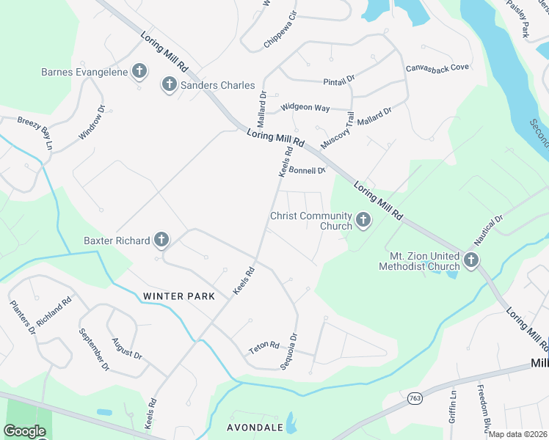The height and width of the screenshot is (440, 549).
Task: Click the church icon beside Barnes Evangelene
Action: (x=139, y=72)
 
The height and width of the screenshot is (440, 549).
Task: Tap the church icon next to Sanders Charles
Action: (x=169, y=85)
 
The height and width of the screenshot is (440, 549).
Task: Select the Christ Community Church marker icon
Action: (x=363, y=220)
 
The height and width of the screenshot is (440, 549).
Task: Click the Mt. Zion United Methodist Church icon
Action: (x=470, y=260)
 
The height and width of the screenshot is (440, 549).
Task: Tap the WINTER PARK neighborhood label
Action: (x=179, y=296)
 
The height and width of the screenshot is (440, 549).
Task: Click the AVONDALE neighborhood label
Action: (x=244, y=427)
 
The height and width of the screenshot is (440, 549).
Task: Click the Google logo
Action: (x=24, y=431)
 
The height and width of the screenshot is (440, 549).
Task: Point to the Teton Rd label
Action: (x=264, y=345)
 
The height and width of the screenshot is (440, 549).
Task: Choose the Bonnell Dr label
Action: (x=307, y=170)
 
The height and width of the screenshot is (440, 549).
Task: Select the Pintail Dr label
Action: (x=339, y=78)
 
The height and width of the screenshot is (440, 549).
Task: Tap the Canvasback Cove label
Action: (x=437, y=67)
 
